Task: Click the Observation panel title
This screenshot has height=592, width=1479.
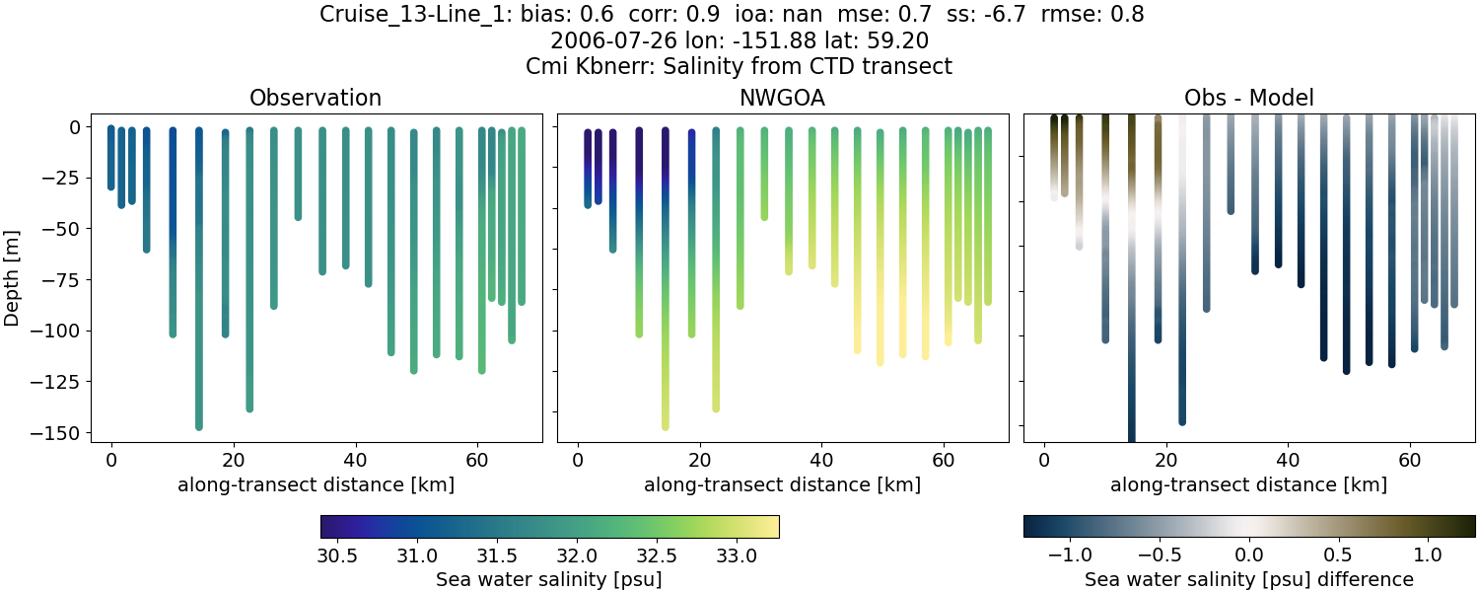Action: pos(316,98)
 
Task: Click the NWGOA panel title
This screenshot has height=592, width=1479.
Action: pos(783,98)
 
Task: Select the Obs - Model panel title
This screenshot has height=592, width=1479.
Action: pos(1248,98)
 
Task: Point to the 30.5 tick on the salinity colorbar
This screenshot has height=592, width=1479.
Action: pos(337,555)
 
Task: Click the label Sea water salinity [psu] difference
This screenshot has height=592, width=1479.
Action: pos(1248,579)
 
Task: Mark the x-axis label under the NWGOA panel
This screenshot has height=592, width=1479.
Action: pos(783,484)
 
